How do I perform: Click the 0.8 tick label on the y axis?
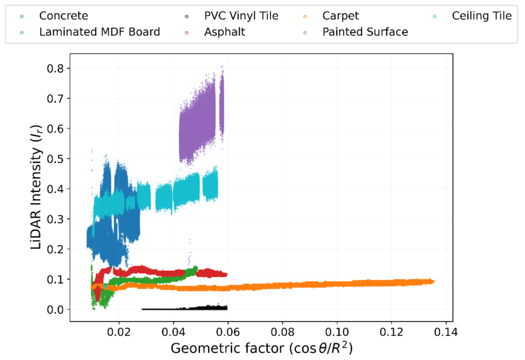[55, 68]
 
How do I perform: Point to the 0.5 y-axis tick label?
[55, 159]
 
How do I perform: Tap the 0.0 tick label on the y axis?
[55, 310]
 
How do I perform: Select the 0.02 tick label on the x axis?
[119, 332]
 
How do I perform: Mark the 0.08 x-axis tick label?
[282, 332]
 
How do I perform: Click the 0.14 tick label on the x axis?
[446, 332]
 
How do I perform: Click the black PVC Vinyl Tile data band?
[185, 308]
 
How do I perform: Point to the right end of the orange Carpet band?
[434, 281]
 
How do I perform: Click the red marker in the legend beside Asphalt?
[187, 33]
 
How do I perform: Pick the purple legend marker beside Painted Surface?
[305, 33]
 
